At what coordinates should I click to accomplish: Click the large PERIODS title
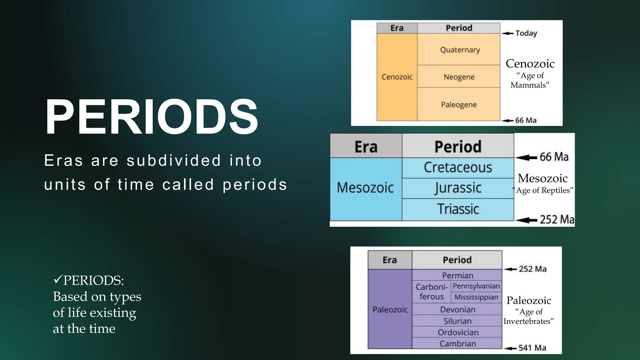(x=152, y=117)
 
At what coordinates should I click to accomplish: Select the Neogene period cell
(x=459, y=77)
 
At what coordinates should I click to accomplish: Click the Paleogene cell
(x=459, y=105)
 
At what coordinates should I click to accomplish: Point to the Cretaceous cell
(x=458, y=167)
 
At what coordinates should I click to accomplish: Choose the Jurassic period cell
(x=458, y=188)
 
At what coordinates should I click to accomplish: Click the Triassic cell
(x=458, y=209)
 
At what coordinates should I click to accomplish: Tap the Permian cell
(x=457, y=275)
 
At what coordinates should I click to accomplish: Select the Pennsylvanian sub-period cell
(x=476, y=286)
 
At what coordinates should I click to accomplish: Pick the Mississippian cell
(x=476, y=297)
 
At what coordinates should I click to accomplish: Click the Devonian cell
(x=457, y=309)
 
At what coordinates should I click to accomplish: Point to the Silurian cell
(x=457, y=321)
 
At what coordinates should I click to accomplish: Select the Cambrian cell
(x=457, y=343)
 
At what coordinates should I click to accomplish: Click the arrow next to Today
(x=507, y=33)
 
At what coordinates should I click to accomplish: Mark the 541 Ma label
(x=532, y=348)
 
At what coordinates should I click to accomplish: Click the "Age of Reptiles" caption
(x=543, y=190)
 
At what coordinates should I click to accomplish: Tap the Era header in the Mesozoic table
(x=366, y=147)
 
